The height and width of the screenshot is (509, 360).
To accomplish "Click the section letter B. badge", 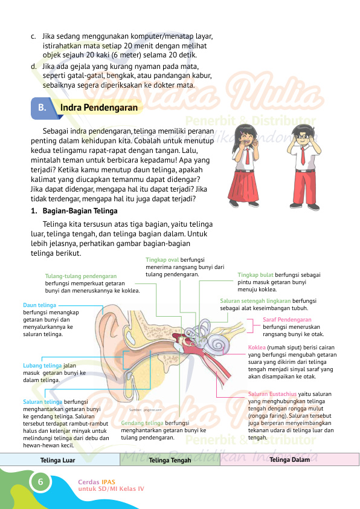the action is pyautogui.click(x=42, y=108).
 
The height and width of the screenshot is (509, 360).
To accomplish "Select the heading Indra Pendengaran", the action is pyautogui.click(x=98, y=108).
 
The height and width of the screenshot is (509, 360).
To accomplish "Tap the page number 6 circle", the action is pyautogui.click(x=40, y=482).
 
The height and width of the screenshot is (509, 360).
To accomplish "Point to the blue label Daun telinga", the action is pyautogui.click(x=39, y=305).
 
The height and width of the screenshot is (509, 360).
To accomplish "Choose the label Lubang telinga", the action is pyautogui.click(x=42, y=366).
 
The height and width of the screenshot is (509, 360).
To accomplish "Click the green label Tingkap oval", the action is pyautogui.click(x=158, y=259).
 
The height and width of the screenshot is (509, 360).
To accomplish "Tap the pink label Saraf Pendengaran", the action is pyautogui.click(x=287, y=319).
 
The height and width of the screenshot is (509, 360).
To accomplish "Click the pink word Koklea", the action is pyautogui.click(x=257, y=348).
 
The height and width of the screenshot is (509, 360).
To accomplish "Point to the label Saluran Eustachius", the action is pyautogui.click(x=272, y=394).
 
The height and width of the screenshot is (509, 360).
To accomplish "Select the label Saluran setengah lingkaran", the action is pyautogui.click(x=255, y=300).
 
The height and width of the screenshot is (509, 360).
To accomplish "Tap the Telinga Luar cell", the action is pyautogui.click(x=57, y=460).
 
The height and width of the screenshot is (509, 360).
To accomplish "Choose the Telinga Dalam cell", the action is pyautogui.click(x=290, y=460).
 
